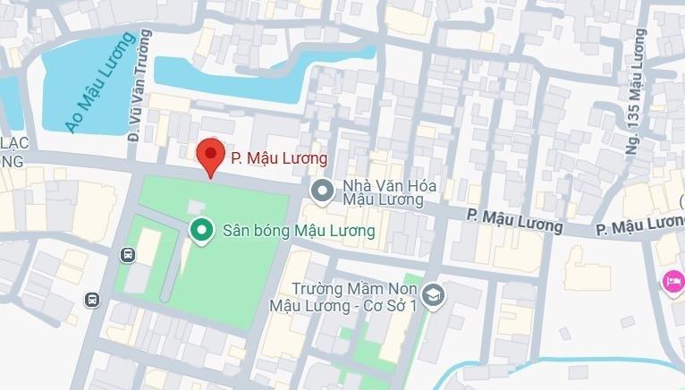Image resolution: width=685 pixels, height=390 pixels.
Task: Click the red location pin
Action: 210,157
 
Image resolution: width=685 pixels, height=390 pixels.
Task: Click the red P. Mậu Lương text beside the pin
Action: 279,158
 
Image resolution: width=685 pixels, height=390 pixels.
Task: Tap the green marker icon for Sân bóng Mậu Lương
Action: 200,231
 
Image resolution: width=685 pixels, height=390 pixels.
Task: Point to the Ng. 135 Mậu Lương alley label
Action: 637,90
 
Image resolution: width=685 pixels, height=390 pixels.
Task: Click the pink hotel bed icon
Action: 672,283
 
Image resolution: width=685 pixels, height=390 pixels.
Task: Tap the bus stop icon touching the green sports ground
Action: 128,255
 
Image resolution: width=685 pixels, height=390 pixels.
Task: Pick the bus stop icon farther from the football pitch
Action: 91,299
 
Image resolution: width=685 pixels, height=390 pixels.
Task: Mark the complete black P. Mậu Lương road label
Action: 514,221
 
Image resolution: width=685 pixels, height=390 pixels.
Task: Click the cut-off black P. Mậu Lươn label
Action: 640,225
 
